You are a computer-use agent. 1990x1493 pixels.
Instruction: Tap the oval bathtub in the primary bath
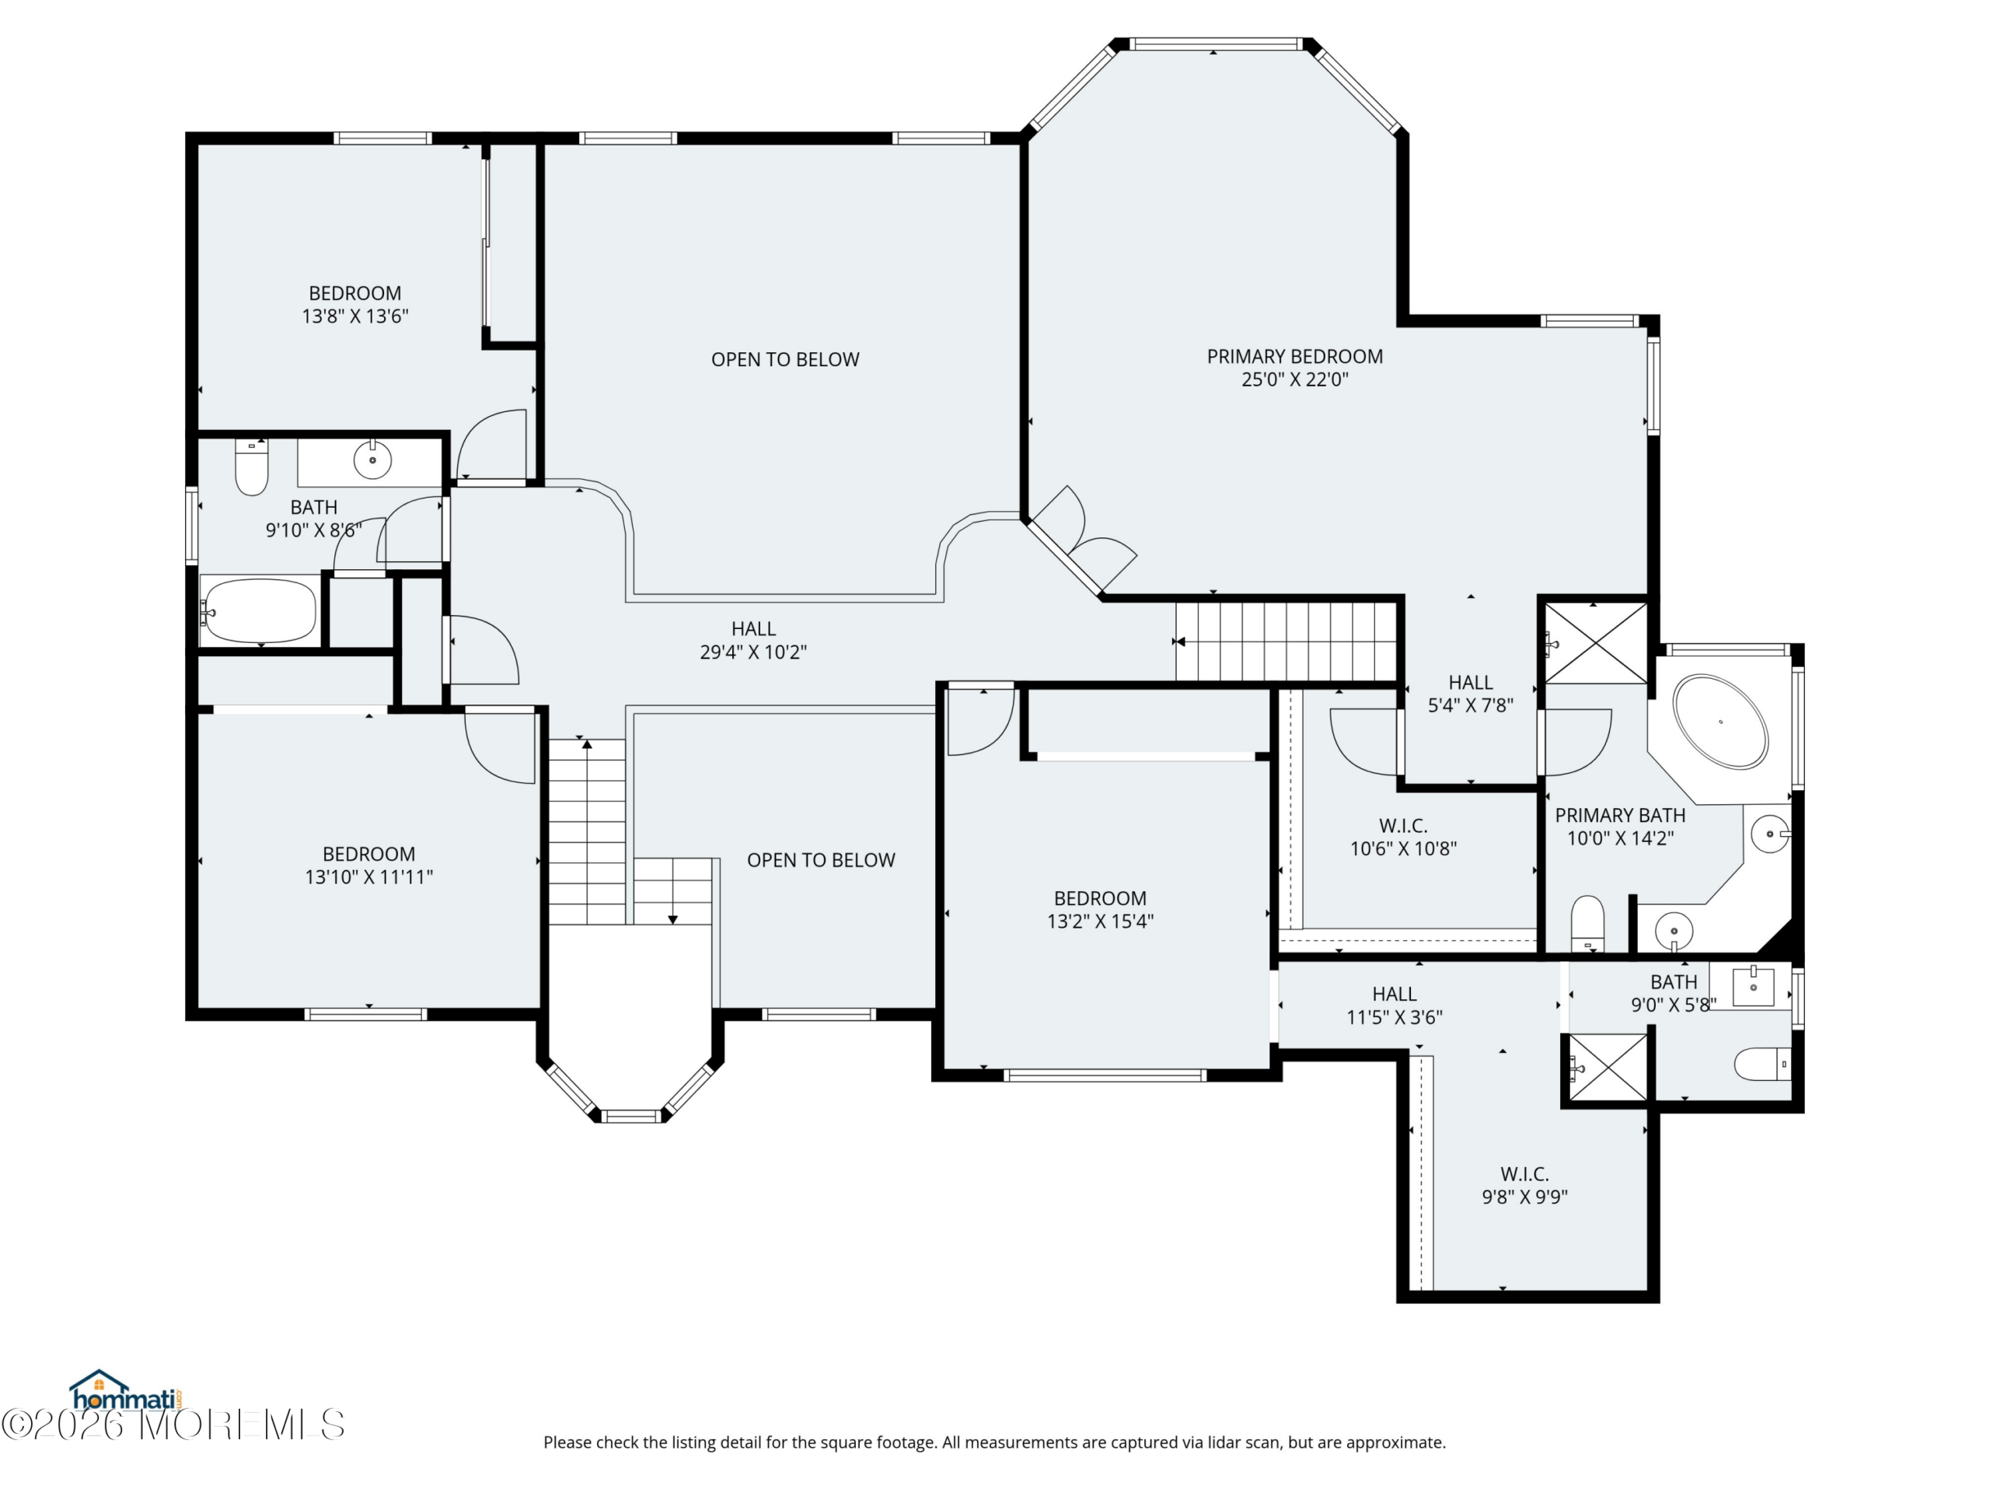click(1720, 722)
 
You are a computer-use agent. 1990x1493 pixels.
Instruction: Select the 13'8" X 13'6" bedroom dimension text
click(355, 316)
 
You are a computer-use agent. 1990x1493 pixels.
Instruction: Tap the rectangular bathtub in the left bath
click(259, 610)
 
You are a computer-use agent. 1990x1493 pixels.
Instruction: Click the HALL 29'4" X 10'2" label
click(753, 640)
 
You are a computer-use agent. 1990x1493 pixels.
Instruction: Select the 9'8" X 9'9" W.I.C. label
click(1525, 1185)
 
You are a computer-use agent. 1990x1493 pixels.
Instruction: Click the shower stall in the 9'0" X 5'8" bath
click(1608, 1068)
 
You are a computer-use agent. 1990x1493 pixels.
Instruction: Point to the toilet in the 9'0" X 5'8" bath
click(1762, 1065)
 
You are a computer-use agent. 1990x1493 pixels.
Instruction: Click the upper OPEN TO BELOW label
click(785, 360)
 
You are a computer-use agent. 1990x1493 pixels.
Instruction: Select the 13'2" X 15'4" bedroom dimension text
click(1100, 921)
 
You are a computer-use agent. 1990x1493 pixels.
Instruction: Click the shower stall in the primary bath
click(1596, 643)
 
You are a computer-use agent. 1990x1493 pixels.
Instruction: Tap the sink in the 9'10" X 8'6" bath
click(372, 460)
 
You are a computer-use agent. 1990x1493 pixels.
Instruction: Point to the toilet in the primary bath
click(1587, 922)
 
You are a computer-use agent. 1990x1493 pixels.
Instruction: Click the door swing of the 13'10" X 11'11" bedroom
click(500, 745)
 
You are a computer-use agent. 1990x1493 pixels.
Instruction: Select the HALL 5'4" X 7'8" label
click(1471, 694)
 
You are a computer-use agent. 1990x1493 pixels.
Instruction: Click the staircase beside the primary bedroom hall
click(1287, 642)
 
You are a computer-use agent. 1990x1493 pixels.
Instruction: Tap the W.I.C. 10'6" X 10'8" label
click(1403, 837)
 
